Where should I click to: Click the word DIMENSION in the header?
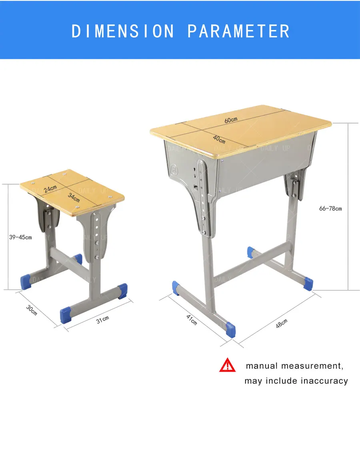[x=123, y=31]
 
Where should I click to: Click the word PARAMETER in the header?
[x=238, y=31]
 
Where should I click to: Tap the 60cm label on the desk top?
[x=231, y=119]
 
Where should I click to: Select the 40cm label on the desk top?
[x=219, y=139]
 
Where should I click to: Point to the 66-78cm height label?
[x=330, y=208]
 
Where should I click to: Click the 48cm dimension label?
[x=281, y=323]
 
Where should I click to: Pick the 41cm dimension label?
[x=192, y=319]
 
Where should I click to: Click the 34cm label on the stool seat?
[x=74, y=197]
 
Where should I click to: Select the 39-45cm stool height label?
[x=20, y=237]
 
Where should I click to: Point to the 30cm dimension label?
[x=32, y=310]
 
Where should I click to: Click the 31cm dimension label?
[x=102, y=319]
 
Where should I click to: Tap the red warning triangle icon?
[x=228, y=365]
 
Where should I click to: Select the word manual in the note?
[x=262, y=366]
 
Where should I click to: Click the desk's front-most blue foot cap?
[x=230, y=329]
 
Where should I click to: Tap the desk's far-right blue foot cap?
[x=308, y=283]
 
